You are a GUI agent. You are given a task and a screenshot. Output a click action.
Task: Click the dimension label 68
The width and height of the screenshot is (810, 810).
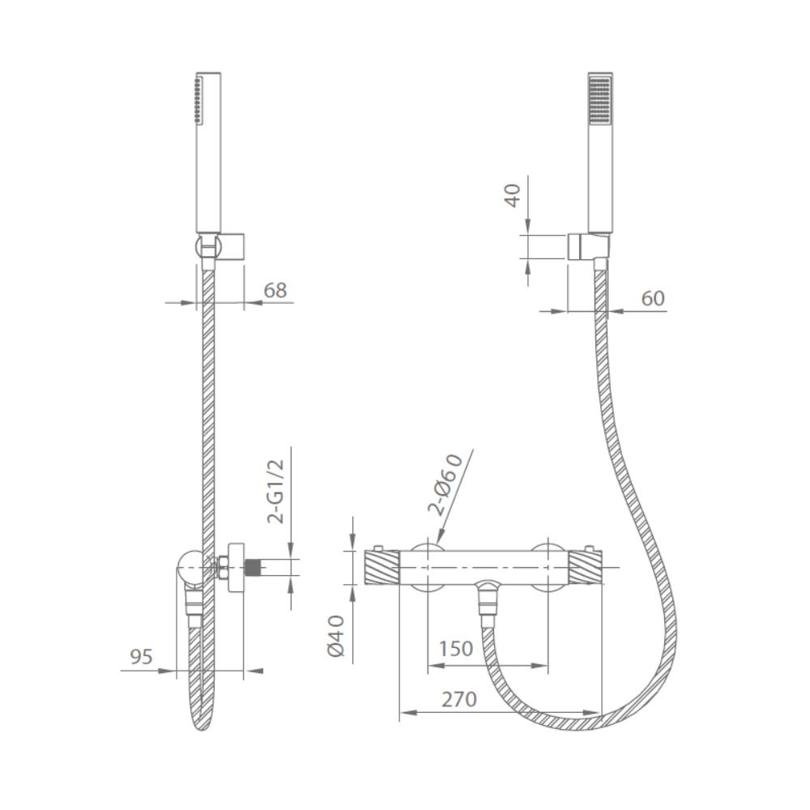click(x=275, y=290)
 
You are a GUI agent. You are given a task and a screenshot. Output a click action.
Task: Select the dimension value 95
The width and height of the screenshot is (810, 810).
click(x=141, y=657)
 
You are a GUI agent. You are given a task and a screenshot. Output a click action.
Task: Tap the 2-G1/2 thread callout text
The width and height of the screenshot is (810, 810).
click(x=276, y=492)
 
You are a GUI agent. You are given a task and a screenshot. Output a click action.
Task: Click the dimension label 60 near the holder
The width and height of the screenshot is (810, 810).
click(x=652, y=299)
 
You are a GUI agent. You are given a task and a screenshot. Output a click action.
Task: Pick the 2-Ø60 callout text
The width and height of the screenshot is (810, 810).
click(x=446, y=484)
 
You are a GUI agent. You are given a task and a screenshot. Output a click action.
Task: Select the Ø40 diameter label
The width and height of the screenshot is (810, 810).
click(x=336, y=636)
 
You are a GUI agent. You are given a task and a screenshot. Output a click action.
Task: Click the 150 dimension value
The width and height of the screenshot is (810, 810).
click(x=455, y=649)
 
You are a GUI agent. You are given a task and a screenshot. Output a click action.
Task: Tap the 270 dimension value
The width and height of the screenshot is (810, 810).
click(x=458, y=700)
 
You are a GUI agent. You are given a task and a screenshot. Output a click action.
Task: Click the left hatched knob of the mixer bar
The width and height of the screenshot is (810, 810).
click(x=382, y=567)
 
